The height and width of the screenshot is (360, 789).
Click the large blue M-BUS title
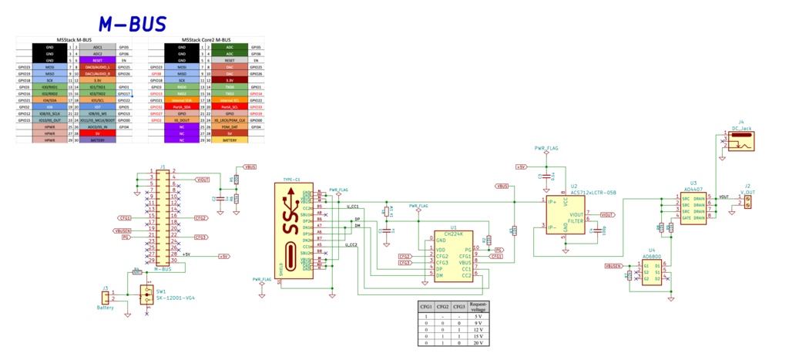tap(132, 24)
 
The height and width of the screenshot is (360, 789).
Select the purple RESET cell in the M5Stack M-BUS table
tap(97, 60)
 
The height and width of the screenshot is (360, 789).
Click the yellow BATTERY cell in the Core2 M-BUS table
tap(230, 140)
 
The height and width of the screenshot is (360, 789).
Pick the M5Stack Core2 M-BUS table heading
tap(206, 40)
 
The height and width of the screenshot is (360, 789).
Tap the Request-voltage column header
tap(478, 306)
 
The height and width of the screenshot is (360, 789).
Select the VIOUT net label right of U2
tap(606, 214)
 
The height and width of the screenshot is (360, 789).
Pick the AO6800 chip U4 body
tap(652, 273)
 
